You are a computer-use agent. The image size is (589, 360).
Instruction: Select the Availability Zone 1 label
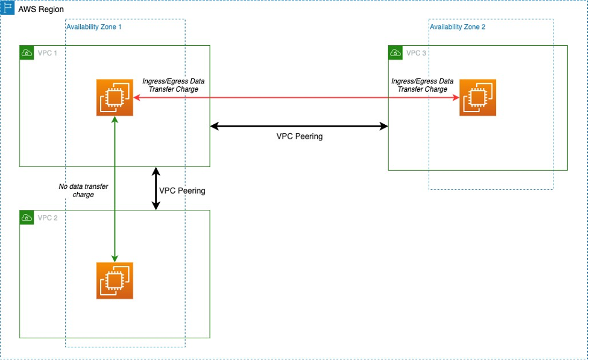(94, 27)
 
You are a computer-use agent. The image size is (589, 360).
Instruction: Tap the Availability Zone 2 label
(457, 27)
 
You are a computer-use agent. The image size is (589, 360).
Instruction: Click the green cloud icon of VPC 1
(27, 53)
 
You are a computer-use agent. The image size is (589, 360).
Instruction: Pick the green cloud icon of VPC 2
(27, 217)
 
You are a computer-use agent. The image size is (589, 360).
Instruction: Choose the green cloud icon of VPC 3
(395, 53)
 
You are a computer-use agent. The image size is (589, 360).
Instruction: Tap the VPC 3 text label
(416, 53)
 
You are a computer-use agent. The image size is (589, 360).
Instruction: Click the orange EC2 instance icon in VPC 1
(115, 97)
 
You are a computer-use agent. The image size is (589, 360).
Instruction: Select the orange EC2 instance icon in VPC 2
(115, 280)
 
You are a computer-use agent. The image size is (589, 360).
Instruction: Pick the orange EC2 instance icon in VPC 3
(477, 97)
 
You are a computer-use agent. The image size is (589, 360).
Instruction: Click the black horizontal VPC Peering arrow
(299, 126)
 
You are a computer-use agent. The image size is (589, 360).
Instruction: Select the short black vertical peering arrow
(156, 189)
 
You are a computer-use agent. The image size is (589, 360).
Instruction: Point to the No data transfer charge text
(83, 191)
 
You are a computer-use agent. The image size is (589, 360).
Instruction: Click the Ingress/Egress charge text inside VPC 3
(422, 85)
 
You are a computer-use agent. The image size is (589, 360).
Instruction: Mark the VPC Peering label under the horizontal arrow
(299, 136)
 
